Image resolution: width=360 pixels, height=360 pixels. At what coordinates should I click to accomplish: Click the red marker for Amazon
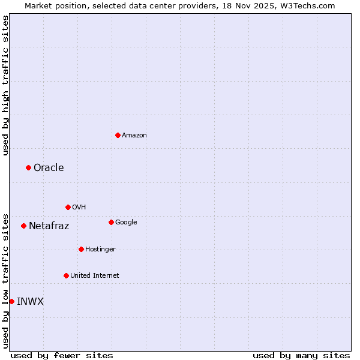tap(118, 135)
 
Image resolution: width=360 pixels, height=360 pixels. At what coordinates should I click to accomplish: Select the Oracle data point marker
tap(28, 167)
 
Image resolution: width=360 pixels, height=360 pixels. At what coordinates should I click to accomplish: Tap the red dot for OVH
tap(68, 207)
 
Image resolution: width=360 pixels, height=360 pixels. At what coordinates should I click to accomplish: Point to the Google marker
tap(111, 222)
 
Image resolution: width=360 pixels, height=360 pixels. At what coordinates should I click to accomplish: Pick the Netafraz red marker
tap(23, 226)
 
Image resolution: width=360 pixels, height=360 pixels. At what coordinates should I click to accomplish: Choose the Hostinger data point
tap(81, 249)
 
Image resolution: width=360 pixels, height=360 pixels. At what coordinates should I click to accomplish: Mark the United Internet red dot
tap(66, 275)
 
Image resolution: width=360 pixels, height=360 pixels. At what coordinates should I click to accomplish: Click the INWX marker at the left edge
tap(11, 301)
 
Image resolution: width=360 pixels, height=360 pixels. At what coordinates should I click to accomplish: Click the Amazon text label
tap(134, 135)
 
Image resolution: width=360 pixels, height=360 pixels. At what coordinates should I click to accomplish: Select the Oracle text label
tap(49, 167)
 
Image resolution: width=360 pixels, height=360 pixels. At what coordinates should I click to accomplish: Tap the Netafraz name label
tap(49, 226)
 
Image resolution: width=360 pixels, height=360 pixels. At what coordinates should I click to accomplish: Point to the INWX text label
tap(30, 301)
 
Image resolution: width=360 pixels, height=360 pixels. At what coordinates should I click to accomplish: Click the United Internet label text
tap(95, 275)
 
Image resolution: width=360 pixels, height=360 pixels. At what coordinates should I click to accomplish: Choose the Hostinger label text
tap(100, 249)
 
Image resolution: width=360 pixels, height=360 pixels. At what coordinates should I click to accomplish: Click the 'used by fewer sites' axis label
tap(62, 355)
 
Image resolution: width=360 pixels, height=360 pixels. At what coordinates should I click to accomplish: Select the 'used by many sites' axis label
tap(301, 355)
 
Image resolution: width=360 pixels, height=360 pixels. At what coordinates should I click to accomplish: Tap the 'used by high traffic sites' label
tap(5, 85)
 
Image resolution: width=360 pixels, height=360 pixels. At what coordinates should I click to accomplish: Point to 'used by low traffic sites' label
tap(5, 281)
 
